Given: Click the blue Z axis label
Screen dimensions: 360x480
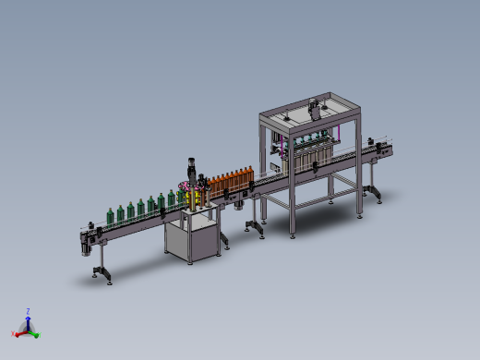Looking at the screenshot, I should (x=29, y=312).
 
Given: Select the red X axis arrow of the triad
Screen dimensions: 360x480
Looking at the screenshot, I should (x=18, y=330).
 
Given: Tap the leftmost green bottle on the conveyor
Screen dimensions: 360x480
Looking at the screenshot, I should (x=112, y=214).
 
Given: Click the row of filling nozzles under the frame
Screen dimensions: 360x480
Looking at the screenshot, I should (x=309, y=148).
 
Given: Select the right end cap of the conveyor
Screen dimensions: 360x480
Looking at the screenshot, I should (x=389, y=149).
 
